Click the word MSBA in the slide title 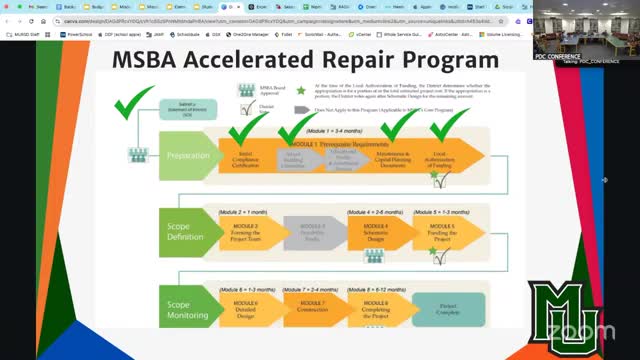pyautogui.click(x=155, y=60)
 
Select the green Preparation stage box pyautogui.click(x=187, y=156)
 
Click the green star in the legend pyautogui.click(x=299, y=91)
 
